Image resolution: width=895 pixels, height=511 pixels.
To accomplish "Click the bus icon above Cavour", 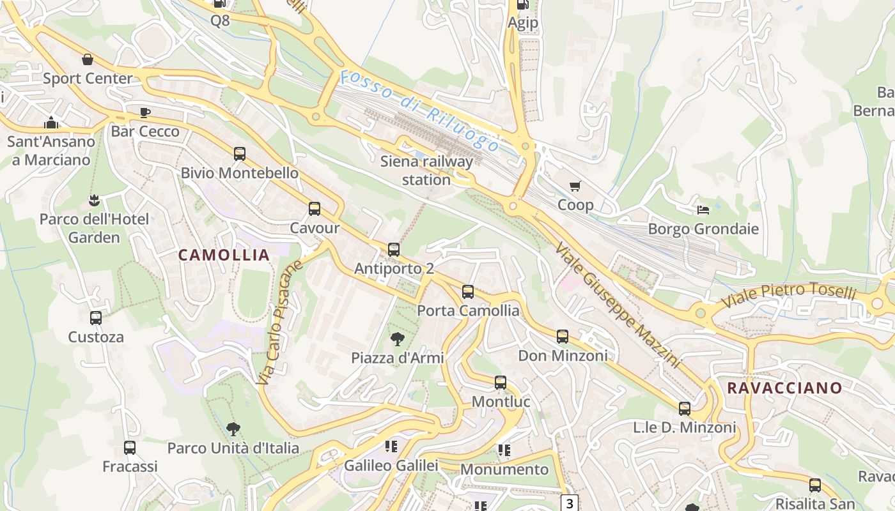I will point(314,209).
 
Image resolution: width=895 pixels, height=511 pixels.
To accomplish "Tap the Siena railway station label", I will point(426,171).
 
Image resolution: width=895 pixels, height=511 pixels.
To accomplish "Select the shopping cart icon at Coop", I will point(575,187).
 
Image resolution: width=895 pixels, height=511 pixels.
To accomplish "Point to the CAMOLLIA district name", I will point(224,255).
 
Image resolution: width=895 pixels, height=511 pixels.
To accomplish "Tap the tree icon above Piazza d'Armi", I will point(398,339).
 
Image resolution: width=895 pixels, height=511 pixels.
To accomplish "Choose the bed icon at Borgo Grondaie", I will point(703,210).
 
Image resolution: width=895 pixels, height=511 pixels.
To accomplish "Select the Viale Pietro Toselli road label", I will point(788,296).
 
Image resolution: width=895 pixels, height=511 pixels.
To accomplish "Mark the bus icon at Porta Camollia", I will point(468,292).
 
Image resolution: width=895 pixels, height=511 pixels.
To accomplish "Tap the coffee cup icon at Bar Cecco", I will point(145,113).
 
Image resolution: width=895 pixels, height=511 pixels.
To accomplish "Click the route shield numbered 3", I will point(570,503).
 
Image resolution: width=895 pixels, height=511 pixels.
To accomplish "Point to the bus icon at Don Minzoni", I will point(563,337).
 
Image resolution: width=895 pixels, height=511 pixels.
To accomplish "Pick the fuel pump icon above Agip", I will point(522,4).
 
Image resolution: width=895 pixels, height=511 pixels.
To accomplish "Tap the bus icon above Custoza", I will point(96,317).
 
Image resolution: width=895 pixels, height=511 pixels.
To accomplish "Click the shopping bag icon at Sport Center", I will point(88,59).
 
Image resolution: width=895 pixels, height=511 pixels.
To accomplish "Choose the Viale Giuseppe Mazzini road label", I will point(616,305).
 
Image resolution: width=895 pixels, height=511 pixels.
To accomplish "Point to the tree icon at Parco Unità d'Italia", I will point(233,429).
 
